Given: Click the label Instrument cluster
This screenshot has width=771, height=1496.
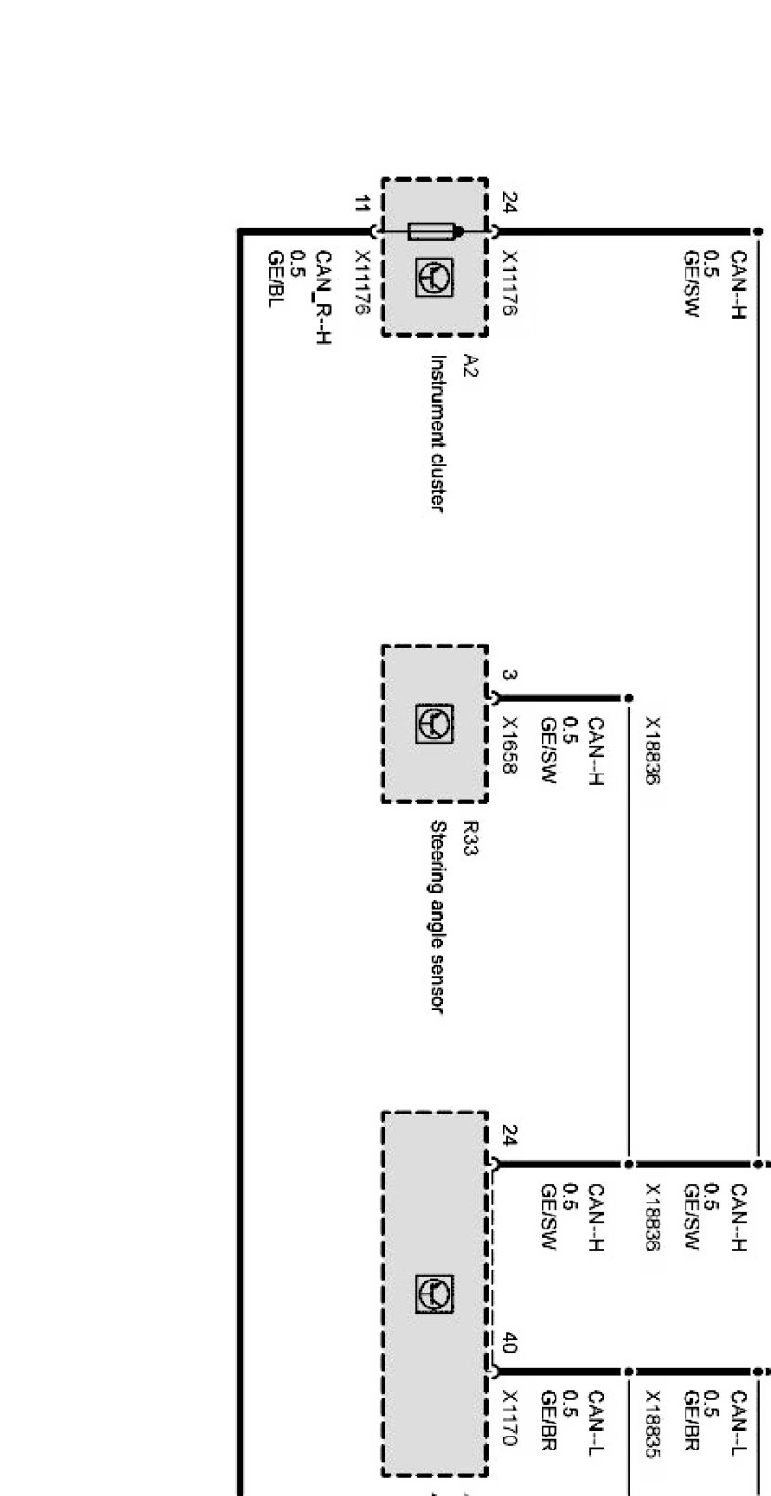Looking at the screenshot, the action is tap(436, 433).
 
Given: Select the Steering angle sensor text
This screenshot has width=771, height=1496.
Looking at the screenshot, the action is tap(438, 916).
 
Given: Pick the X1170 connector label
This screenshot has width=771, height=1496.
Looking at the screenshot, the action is tap(509, 1417).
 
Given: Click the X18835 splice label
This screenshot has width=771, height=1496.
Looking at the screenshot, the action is tap(653, 1418).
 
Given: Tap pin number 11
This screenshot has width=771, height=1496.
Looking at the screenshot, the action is tap(360, 204).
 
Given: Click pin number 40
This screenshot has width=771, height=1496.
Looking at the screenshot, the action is tap(509, 1342).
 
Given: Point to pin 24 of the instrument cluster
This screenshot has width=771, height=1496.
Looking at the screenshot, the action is tap(509, 202).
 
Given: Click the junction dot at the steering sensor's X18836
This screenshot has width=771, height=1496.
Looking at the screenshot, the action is tap(628, 697).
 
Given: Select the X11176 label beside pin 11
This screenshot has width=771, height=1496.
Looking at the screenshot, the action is tap(362, 282).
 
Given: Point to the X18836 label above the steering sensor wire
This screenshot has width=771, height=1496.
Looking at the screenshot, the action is tap(653, 750).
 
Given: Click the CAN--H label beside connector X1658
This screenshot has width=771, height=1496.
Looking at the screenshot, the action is tap(596, 750).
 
